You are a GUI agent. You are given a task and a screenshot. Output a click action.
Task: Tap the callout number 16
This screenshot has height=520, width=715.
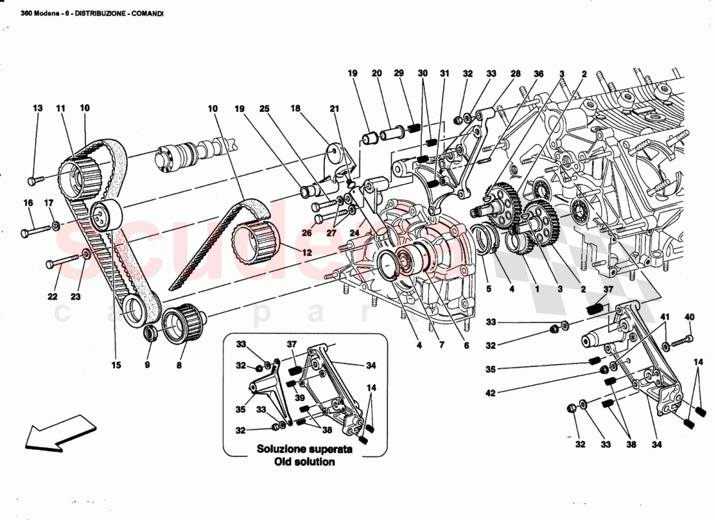click(x=28, y=203)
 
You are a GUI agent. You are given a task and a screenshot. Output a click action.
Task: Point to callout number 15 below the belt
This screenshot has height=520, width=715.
click(x=116, y=365)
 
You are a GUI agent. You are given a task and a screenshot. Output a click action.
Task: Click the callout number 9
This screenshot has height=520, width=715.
click(x=148, y=365)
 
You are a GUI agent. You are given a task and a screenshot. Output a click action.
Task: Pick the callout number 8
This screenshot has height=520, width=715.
click(x=179, y=365)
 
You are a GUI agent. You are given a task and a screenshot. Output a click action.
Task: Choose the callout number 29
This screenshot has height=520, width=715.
click(x=398, y=74)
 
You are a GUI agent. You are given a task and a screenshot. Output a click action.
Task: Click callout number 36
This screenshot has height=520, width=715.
click(x=538, y=74)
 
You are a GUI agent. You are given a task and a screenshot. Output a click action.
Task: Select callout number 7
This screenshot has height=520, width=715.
click(x=441, y=345)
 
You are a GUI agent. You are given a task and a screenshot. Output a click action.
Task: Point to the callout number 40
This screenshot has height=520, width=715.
click(x=690, y=317)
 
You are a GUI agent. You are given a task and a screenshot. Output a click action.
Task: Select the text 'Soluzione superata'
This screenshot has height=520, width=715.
click(x=305, y=449)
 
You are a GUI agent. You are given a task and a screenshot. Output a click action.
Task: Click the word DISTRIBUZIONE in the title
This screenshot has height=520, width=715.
click(x=103, y=14)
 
